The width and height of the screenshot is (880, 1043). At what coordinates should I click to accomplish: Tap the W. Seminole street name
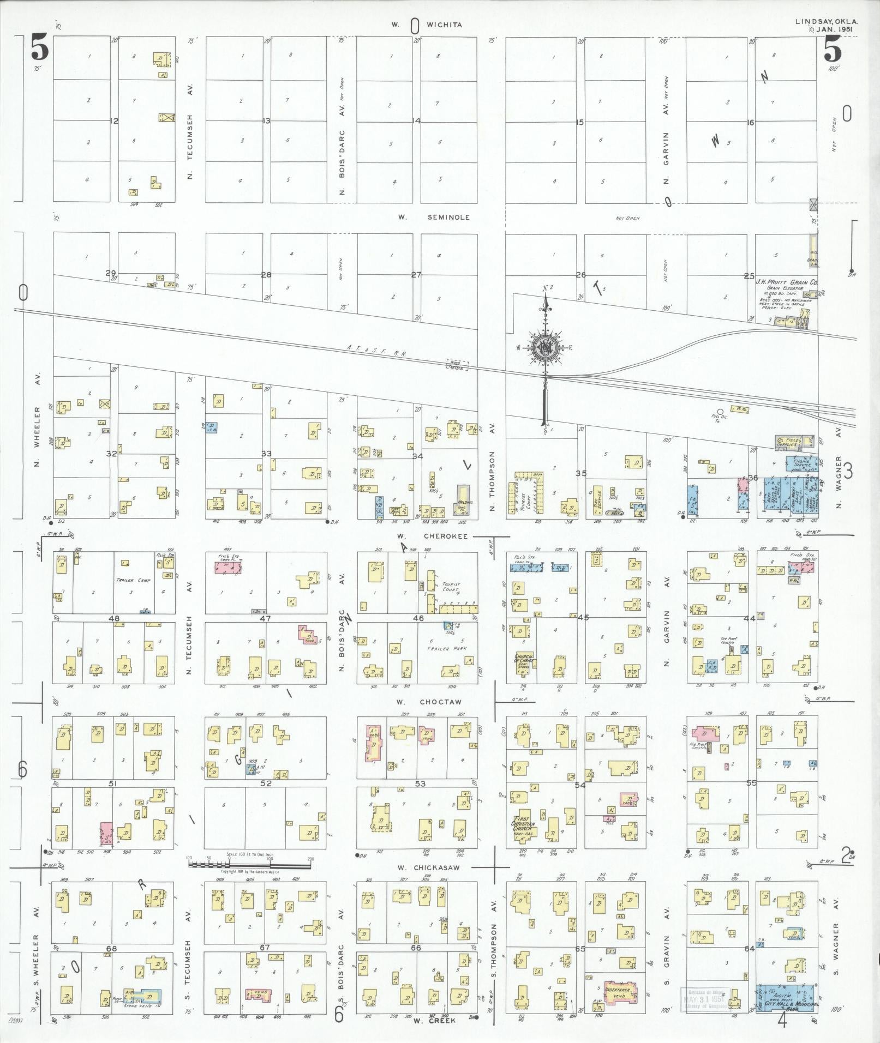click(x=434, y=217)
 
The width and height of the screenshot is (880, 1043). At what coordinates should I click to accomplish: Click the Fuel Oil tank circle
click(x=720, y=412)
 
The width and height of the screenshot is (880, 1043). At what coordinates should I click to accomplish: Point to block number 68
click(x=111, y=948)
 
